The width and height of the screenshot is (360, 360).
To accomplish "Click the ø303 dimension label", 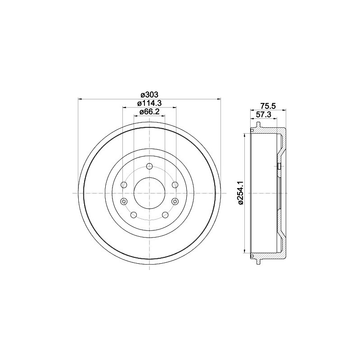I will tap(149, 94).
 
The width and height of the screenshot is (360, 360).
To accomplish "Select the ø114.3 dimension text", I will tap(149, 103).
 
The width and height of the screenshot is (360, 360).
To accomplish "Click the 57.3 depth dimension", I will tap(263, 115).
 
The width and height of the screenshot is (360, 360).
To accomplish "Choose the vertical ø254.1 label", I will tap(241, 193).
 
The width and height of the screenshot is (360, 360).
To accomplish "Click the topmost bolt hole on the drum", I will tap(149, 166).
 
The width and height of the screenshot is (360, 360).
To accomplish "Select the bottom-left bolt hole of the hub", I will tap(134, 214).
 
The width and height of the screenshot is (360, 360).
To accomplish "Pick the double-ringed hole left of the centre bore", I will tap(125, 201).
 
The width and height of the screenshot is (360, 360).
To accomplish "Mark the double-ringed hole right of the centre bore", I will tap(175, 201).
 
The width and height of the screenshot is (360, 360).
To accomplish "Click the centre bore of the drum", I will tap(149, 193).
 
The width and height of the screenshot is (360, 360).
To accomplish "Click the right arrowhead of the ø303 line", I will tap(220, 99).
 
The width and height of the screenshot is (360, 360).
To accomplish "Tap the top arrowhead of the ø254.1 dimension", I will tap(245, 135).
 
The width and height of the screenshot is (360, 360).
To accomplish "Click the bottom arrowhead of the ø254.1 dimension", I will tap(245, 251).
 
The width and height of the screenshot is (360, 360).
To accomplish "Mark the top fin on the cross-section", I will tap(251, 130).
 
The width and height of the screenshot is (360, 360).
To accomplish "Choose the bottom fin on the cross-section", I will tap(251, 256).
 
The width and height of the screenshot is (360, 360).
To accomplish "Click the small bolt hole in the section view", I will tap(279, 166).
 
